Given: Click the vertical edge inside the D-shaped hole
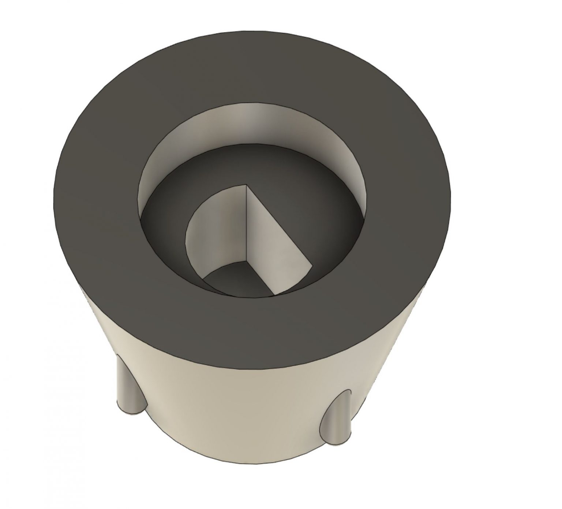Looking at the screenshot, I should (246, 224).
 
